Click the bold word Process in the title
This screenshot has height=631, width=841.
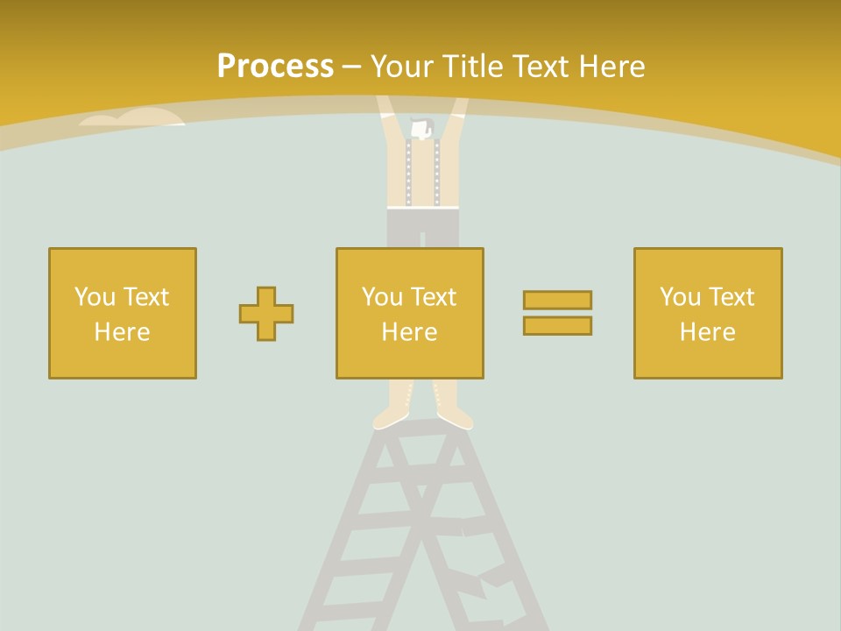(275, 67)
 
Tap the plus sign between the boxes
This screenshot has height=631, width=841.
(266, 313)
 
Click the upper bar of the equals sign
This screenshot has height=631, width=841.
(557, 300)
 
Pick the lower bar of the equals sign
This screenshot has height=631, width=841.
(557, 325)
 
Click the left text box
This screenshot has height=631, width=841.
(123, 313)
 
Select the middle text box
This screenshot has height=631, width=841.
(409, 313)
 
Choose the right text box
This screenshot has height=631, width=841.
(707, 313)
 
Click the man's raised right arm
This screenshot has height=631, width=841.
(457, 114)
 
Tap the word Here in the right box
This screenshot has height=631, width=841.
(707, 331)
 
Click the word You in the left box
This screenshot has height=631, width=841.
(95, 296)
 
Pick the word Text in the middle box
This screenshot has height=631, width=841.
(434, 296)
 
